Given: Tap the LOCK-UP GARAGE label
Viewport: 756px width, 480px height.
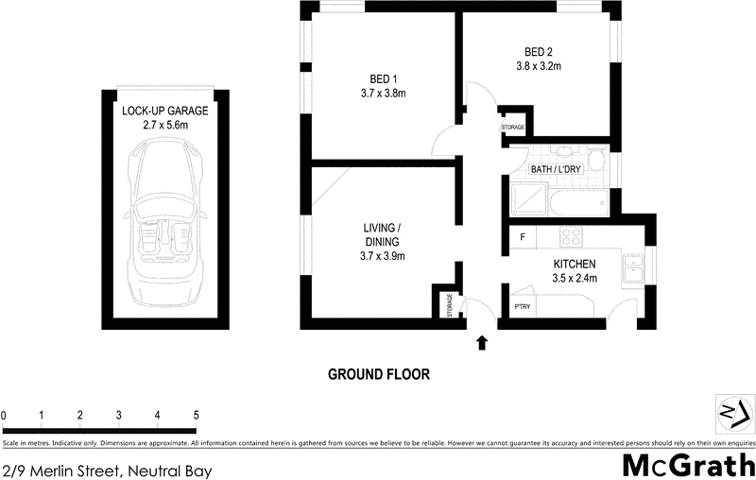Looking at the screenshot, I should pos(165,111).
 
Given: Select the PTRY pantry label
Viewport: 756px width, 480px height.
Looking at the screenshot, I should pos(522,307).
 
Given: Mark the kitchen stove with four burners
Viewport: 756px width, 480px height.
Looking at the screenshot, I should pos(573,236).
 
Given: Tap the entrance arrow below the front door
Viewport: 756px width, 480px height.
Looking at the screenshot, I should pos(483,342).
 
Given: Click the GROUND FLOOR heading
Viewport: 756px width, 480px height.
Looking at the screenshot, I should pos(378,374).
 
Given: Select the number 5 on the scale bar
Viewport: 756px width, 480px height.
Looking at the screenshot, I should pos(195,415).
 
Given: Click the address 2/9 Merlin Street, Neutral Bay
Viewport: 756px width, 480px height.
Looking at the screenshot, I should pos(106,470).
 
